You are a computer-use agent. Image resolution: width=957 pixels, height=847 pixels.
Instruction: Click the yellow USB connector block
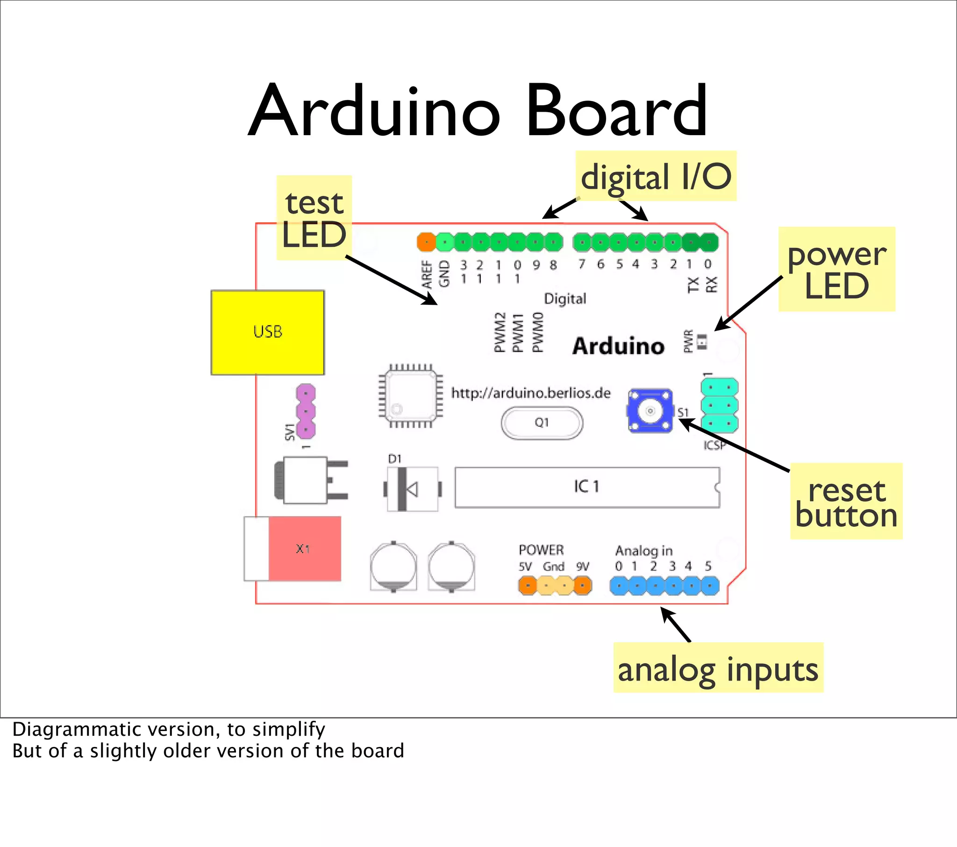(x=267, y=332)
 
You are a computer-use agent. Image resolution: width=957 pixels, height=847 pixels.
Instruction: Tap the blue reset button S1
(x=650, y=411)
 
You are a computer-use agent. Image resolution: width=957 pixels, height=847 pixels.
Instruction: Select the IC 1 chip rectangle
(x=586, y=487)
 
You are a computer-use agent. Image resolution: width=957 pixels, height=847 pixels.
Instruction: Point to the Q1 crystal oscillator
(x=542, y=423)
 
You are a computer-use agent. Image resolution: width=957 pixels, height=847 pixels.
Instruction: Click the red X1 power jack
(x=304, y=549)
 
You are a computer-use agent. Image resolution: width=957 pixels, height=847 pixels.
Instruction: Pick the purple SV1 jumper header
(x=306, y=411)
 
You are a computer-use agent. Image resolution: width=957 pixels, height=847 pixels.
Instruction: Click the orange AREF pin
(x=426, y=242)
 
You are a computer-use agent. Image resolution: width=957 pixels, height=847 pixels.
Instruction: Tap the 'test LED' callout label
(x=314, y=218)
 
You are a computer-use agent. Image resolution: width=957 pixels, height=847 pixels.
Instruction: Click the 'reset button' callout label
(x=846, y=502)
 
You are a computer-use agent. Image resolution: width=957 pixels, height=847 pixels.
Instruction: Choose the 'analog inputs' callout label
(x=718, y=668)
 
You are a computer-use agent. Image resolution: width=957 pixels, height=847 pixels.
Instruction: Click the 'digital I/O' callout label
(x=656, y=177)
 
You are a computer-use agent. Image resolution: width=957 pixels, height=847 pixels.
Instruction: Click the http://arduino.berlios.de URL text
(x=530, y=393)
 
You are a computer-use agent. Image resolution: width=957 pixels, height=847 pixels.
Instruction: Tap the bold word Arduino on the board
(x=618, y=346)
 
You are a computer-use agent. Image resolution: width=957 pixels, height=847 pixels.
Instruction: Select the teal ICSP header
(x=719, y=405)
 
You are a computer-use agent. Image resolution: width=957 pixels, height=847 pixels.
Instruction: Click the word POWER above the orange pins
(x=541, y=550)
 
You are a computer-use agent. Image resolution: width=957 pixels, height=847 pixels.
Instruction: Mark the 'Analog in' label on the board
(x=644, y=551)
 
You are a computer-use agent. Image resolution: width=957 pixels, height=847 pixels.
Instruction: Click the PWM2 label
(x=500, y=332)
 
